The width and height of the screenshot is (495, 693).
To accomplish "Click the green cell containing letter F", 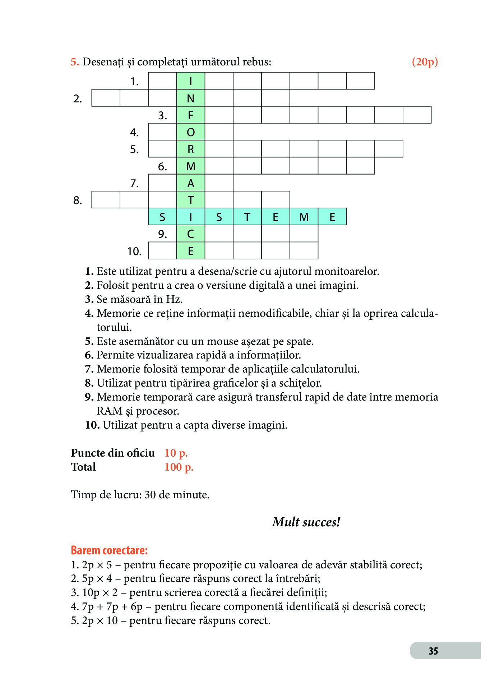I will [x=191, y=115].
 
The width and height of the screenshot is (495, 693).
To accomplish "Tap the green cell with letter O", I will [x=191, y=132].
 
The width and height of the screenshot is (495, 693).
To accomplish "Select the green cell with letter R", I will [x=191, y=149].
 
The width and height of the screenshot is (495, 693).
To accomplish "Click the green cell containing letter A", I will [x=191, y=183].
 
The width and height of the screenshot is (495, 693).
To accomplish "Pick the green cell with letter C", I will [x=191, y=234].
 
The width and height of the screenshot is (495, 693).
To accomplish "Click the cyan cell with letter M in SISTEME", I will [x=304, y=217].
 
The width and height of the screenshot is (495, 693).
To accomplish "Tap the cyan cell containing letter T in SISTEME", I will [x=247, y=217].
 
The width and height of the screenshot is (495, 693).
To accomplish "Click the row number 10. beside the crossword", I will [x=134, y=251].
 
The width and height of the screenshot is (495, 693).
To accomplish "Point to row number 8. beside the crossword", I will [x=78, y=200].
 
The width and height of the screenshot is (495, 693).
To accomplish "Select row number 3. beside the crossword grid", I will [x=163, y=115].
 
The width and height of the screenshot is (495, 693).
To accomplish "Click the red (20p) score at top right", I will [x=425, y=62].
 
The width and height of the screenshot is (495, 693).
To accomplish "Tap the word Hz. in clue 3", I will [x=174, y=299].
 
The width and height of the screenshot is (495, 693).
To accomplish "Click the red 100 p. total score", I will [x=179, y=467].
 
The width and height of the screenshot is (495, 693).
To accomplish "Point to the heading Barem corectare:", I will [x=109, y=550].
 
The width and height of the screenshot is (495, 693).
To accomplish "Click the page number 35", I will [x=433, y=651].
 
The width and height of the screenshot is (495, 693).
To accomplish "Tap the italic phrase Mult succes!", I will [x=306, y=522].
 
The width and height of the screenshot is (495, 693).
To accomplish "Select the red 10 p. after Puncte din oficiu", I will [x=176, y=453].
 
